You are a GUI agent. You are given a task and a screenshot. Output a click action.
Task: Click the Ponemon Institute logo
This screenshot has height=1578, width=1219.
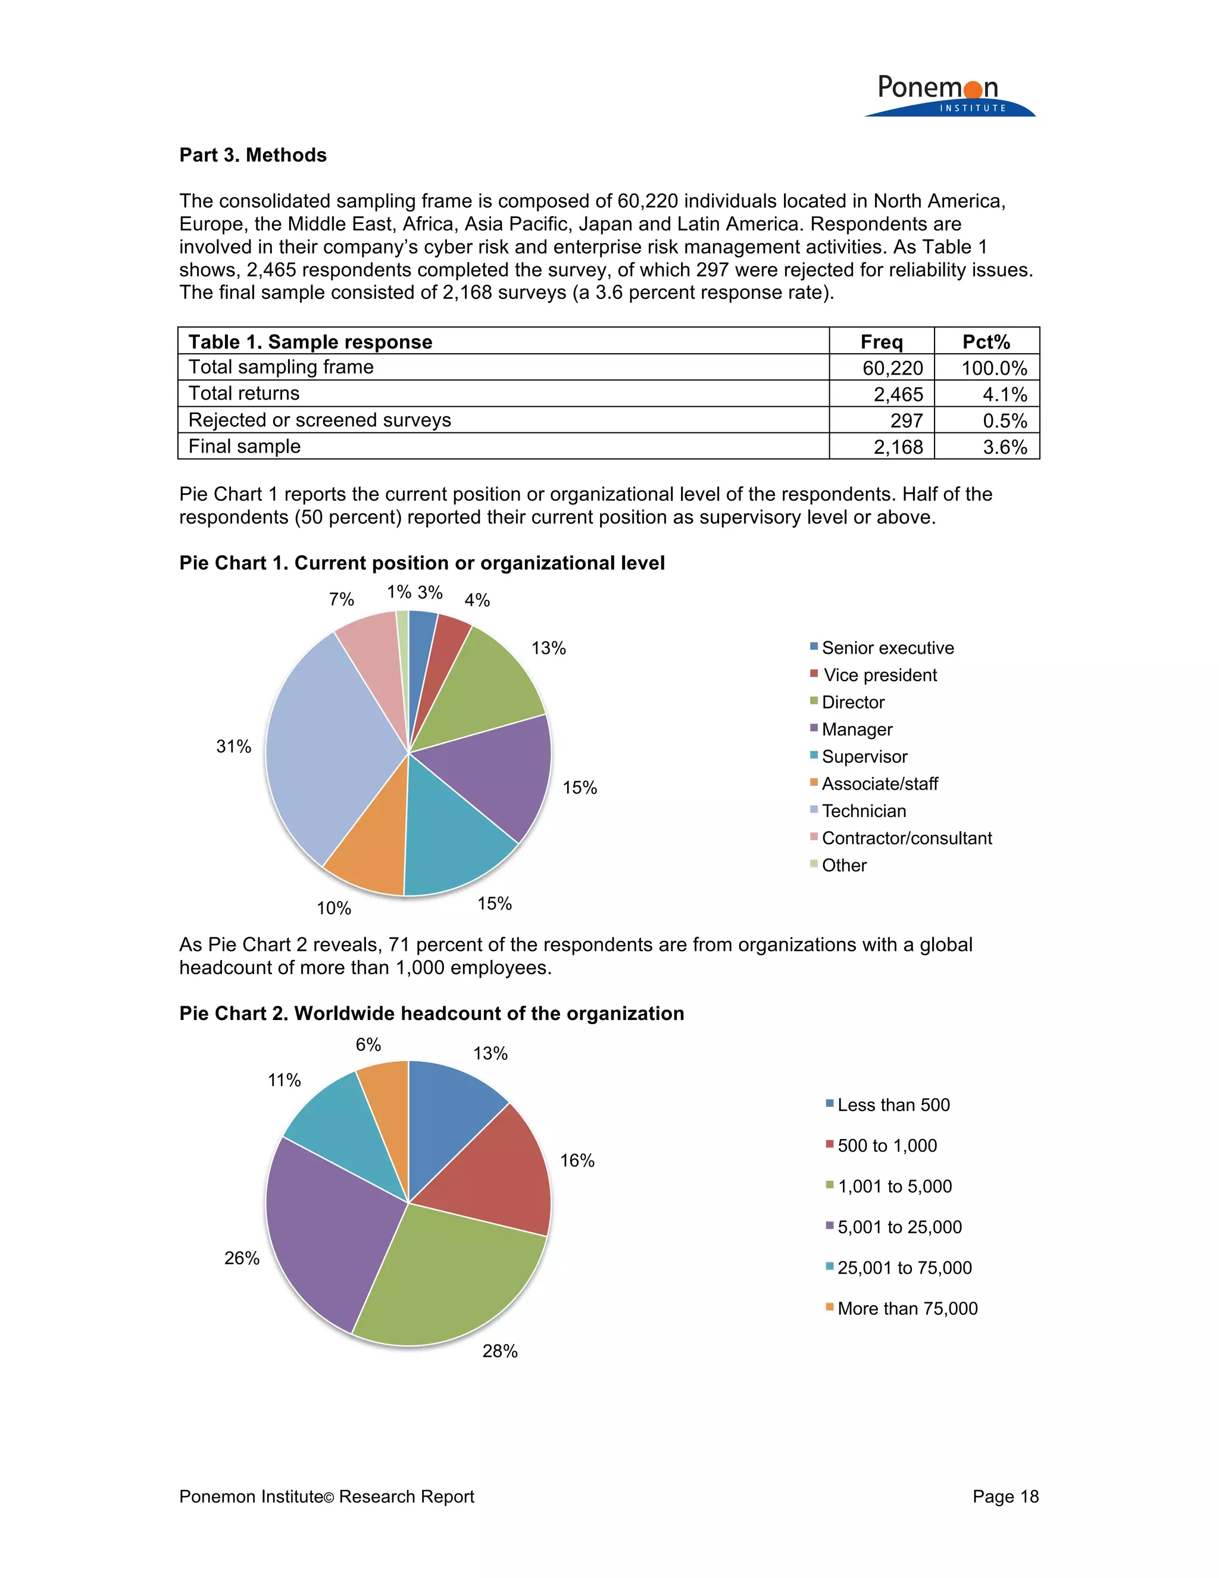pos(948,95)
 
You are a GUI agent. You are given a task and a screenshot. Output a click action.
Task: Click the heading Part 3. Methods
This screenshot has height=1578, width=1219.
pos(253,155)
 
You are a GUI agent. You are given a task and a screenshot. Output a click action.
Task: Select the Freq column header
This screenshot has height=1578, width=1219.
pos(881,342)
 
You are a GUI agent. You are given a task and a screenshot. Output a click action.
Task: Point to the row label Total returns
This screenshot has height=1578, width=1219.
pos(244,394)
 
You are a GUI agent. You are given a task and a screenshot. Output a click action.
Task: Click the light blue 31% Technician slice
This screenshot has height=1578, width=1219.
pos(325,751)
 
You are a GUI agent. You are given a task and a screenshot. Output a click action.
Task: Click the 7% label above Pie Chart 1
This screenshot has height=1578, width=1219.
pos(341,599)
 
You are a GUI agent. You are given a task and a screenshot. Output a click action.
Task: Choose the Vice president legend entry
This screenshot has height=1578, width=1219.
pos(879,675)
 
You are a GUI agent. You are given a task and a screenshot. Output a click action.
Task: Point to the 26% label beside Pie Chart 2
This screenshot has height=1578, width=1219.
pos(242,1258)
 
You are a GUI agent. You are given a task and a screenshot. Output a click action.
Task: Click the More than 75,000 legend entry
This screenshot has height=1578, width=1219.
pos(907,1308)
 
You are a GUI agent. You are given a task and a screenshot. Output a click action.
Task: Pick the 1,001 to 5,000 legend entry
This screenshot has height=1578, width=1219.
pos(894,1186)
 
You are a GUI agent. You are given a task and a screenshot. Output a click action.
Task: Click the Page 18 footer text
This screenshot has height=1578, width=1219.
pos(1005,1496)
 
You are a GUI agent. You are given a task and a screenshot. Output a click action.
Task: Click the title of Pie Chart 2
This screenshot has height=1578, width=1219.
pos(431,1013)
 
